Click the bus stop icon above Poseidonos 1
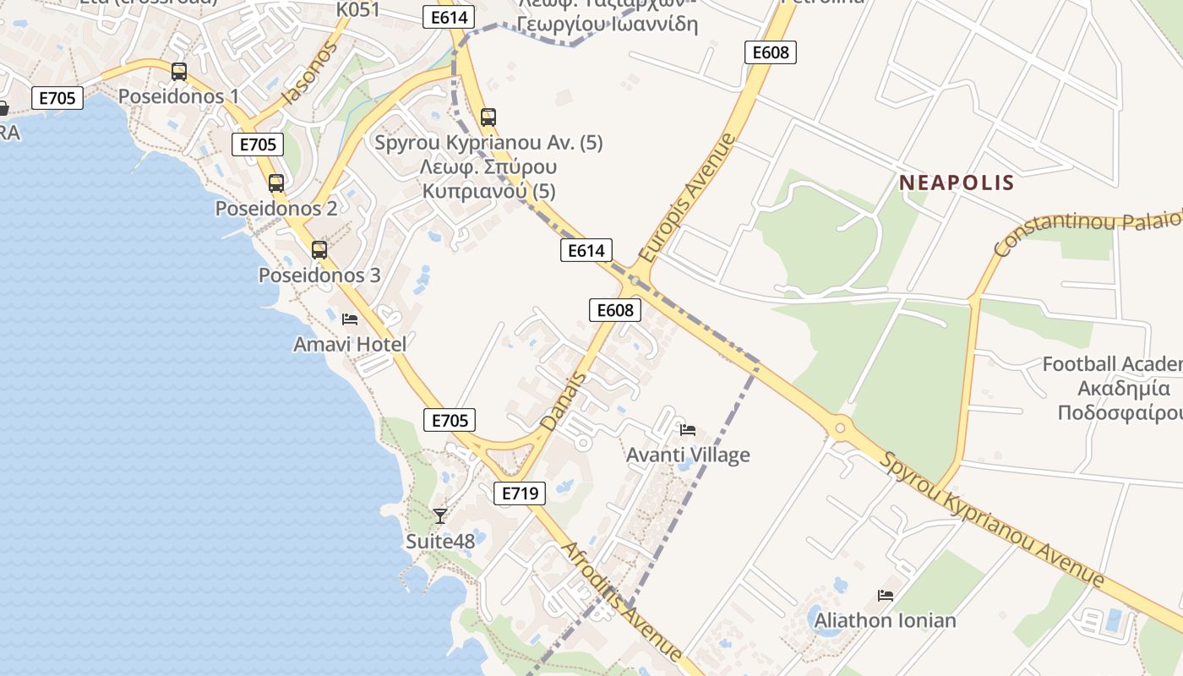coord(178,72)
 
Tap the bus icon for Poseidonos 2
coord(276,183)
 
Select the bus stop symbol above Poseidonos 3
coord(319,250)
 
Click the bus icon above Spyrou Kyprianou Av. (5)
coord(488,117)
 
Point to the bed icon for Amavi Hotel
coord(350,319)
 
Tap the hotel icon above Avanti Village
coord(688,430)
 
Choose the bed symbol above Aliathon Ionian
coord(886,596)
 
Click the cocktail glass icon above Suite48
coord(440,515)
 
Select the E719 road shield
coord(520,493)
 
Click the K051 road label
coord(358,9)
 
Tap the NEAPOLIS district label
coord(957,183)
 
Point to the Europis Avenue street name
coord(688,197)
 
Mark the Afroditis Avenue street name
coord(621,602)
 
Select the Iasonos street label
coord(309,73)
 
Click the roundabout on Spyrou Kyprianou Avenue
coord(839,428)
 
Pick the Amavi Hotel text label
coord(350,345)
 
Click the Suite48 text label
coord(440,541)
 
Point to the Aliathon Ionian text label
coord(886,621)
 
